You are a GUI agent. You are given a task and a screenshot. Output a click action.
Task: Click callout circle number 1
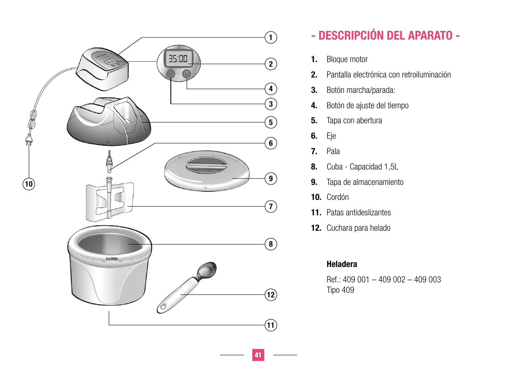(271, 37)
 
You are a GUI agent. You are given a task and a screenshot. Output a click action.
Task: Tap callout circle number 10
(29, 183)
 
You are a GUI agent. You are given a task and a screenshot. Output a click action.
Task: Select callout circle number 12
(271, 295)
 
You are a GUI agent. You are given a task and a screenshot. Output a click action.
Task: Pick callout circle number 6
(271, 143)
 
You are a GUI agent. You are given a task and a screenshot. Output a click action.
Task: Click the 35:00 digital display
(178, 58)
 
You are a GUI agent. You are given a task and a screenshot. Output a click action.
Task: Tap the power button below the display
(171, 74)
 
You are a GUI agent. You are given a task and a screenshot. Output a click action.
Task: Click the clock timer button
(187, 74)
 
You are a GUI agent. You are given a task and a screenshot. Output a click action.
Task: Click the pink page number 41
(258, 355)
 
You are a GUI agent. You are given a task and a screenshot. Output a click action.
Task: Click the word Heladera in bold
(342, 264)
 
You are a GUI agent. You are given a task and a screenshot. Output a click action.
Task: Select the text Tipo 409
(340, 290)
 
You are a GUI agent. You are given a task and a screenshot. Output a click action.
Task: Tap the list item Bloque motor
(347, 59)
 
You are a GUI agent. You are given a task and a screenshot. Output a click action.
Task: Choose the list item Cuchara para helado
(358, 228)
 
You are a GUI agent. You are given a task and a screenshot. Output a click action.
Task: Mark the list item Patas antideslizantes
(359, 212)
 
